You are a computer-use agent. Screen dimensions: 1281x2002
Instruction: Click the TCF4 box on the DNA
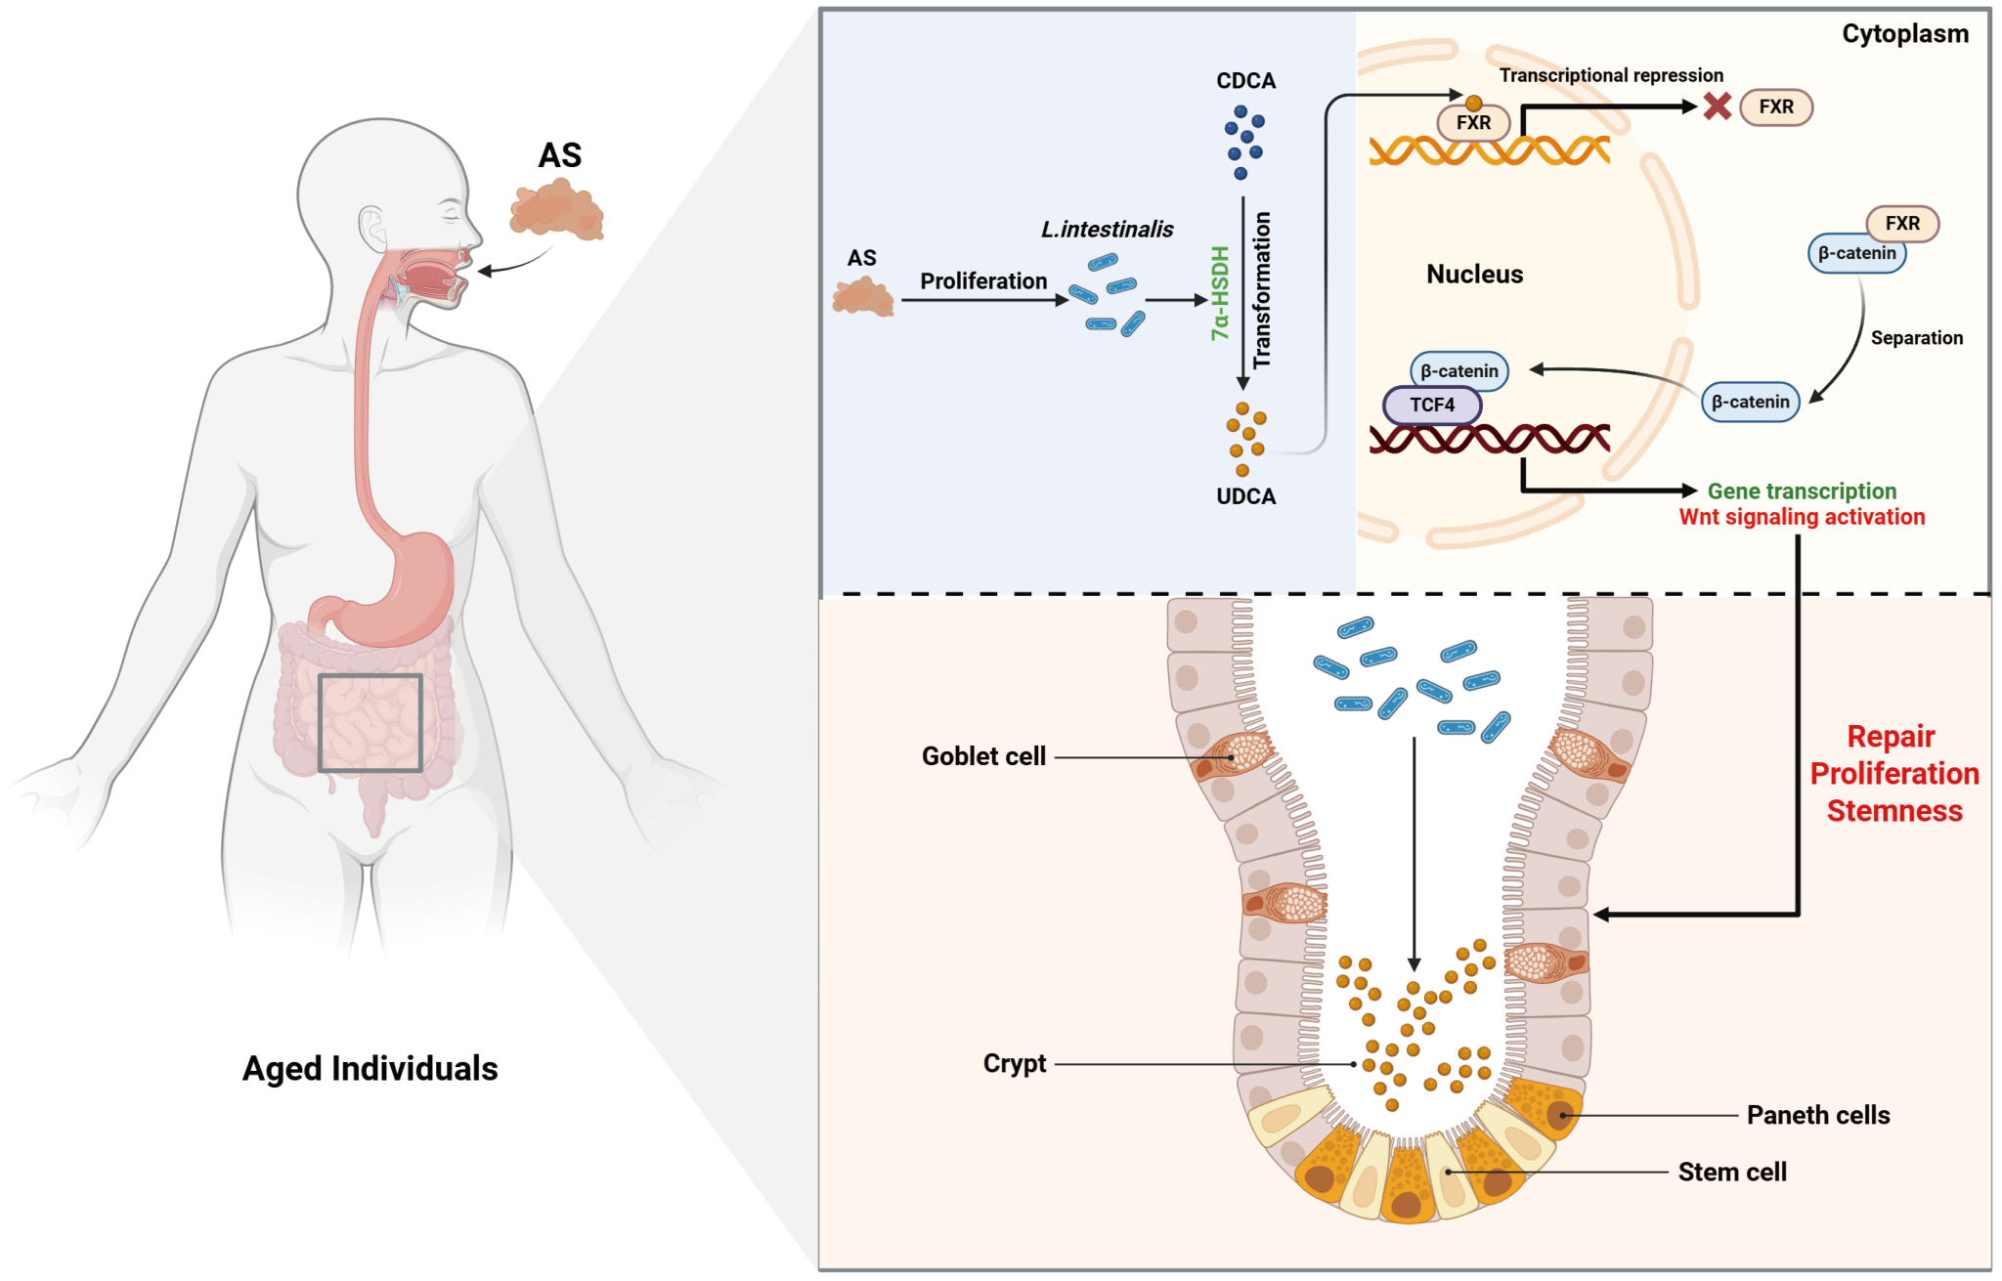[1432, 405]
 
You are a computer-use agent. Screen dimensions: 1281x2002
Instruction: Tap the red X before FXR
[1717, 107]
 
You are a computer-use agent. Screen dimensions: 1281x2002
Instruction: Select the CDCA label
[1245, 81]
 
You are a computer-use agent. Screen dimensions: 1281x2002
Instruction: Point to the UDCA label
[1245, 496]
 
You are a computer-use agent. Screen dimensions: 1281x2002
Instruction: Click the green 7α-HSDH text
[1220, 293]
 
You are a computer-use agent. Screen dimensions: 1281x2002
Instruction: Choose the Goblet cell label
[983, 756]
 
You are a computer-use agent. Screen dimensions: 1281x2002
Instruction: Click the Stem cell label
[1731, 1172]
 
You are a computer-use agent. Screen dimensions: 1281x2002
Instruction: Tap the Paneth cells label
[1817, 1115]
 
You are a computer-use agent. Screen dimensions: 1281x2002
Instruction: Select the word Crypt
[1014, 1063]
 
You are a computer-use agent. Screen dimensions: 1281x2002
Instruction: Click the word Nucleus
[1474, 275]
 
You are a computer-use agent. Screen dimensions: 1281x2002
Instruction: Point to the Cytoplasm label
[1904, 34]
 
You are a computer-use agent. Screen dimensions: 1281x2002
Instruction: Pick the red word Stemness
[1893, 811]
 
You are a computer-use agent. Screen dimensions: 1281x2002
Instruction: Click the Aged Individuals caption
[370, 1068]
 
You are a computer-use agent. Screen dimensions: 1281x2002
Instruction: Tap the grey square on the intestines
[370, 723]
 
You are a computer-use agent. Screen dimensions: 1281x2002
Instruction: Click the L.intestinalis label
[1107, 230]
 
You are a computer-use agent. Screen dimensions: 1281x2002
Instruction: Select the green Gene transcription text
[1801, 491]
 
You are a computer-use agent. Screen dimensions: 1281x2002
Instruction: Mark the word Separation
[1916, 338]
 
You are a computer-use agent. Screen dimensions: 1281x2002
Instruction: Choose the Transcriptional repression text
[1611, 75]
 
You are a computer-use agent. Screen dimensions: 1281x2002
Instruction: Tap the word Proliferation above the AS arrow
[982, 281]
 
